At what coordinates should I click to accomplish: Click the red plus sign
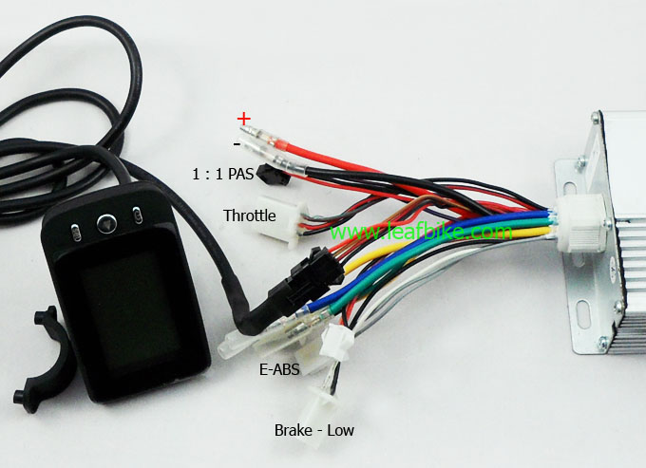[x=243, y=119]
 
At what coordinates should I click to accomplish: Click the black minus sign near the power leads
[x=237, y=144]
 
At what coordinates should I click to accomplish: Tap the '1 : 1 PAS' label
[x=223, y=174]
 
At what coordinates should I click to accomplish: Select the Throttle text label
[x=249, y=215]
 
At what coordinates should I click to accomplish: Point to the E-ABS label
[x=279, y=369]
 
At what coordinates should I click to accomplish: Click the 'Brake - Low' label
[x=313, y=431]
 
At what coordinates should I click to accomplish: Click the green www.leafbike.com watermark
[x=421, y=232]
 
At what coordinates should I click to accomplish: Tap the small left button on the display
[x=76, y=233]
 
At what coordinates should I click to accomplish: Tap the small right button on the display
[x=138, y=215]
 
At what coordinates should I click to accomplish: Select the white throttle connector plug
[x=282, y=220]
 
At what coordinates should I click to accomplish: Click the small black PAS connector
[x=273, y=175]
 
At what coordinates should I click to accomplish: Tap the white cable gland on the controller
[x=581, y=223]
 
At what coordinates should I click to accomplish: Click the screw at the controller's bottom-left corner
[x=602, y=342]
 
